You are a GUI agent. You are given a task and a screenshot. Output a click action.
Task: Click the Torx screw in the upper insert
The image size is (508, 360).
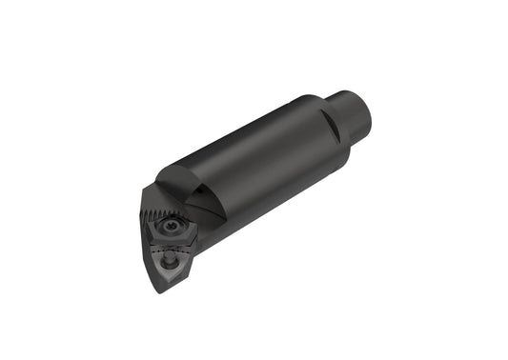pos(173,228)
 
